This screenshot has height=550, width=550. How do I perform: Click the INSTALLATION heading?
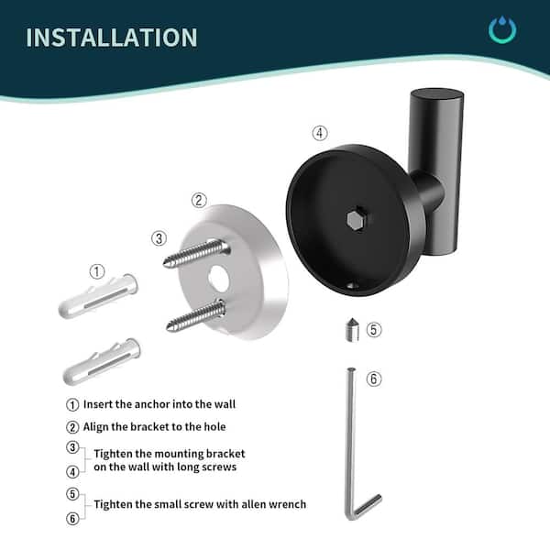point(112,38)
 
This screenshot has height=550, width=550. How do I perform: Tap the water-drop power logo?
point(502,29)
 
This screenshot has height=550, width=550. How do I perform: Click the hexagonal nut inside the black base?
point(356,220)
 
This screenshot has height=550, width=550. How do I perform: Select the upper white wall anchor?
point(98,296)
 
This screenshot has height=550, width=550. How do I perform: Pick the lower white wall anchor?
point(102,361)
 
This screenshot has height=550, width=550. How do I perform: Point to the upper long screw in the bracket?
point(196,253)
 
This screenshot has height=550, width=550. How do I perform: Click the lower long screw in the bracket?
point(196,315)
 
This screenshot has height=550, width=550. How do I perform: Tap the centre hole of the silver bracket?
point(218,278)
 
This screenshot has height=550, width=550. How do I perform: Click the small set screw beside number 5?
point(352,329)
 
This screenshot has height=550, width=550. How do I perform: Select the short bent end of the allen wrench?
point(367,507)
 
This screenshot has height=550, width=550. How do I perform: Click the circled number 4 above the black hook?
point(320,133)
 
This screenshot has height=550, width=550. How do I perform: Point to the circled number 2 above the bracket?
point(199,201)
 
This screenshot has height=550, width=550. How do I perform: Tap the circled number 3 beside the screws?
point(159,239)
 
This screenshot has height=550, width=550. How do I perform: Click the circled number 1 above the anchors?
point(97,272)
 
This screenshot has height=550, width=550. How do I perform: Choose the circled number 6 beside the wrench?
point(374,379)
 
